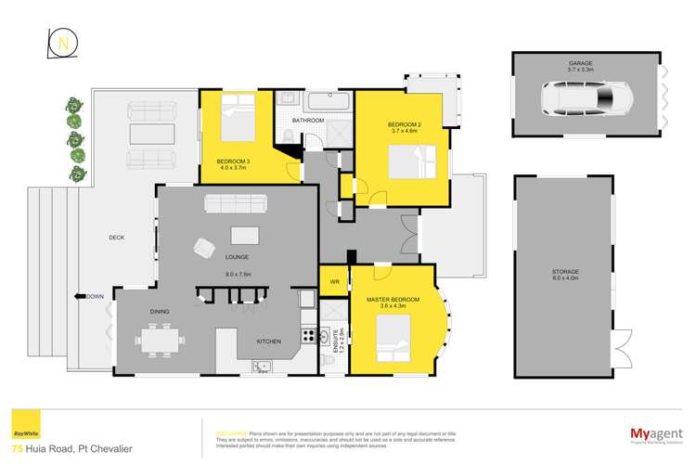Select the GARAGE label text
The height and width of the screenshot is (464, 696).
[x=582, y=65]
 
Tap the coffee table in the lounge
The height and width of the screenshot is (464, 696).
[x=244, y=234]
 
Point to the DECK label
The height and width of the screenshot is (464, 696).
[x=116, y=238]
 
